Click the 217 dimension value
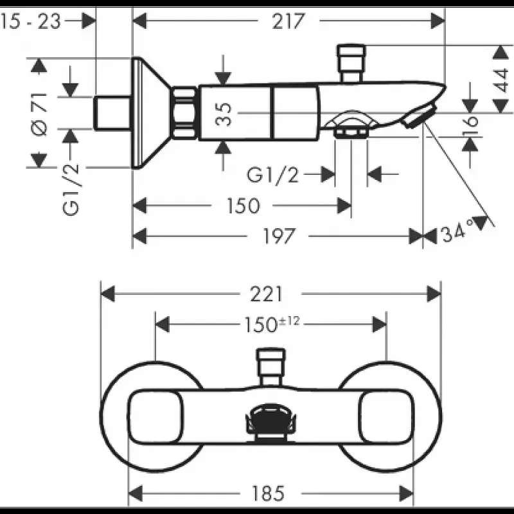[x=288, y=21]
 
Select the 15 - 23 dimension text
[x=30, y=21]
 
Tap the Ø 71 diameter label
[x=40, y=114]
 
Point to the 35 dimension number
[x=224, y=114]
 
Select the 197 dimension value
[x=279, y=236]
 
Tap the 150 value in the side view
[x=244, y=206]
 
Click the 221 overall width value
[x=266, y=294]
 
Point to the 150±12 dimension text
[x=272, y=324]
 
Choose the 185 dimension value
[x=268, y=493]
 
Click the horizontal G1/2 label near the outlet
[x=272, y=175]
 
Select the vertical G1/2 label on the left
[x=71, y=189]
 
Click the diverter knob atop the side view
[x=351, y=63]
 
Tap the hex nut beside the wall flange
[x=185, y=112]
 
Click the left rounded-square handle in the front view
[x=155, y=417]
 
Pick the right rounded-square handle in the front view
[x=386, y=417]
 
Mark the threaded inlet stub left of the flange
[x=112, y=113]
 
